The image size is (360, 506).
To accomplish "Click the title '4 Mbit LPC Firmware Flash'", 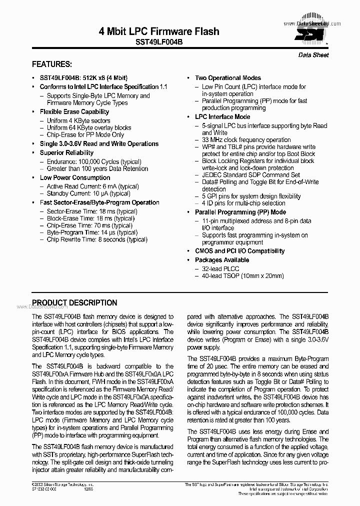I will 159,31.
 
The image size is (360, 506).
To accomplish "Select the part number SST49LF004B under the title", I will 159,43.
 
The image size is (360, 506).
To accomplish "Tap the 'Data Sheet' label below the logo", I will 313,55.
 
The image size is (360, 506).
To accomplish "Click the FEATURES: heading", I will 52,64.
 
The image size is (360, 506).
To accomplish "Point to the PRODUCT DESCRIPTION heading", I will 74,303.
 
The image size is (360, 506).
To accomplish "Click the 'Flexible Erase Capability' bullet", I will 74,112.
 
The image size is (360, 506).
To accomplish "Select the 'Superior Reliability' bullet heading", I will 66,153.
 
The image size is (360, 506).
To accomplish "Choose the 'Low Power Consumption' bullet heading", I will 75,178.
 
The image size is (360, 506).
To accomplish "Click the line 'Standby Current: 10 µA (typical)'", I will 88,194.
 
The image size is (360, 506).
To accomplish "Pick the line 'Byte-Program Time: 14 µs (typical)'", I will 92,232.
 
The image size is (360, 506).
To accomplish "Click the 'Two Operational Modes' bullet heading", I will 227,78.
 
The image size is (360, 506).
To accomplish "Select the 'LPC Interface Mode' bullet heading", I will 222,117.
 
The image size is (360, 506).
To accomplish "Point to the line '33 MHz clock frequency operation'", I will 246,140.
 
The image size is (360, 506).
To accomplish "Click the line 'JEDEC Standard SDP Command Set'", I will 251,175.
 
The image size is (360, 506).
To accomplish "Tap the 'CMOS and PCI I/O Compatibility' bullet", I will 239,251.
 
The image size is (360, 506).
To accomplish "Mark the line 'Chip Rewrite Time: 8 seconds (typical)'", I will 97,240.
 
